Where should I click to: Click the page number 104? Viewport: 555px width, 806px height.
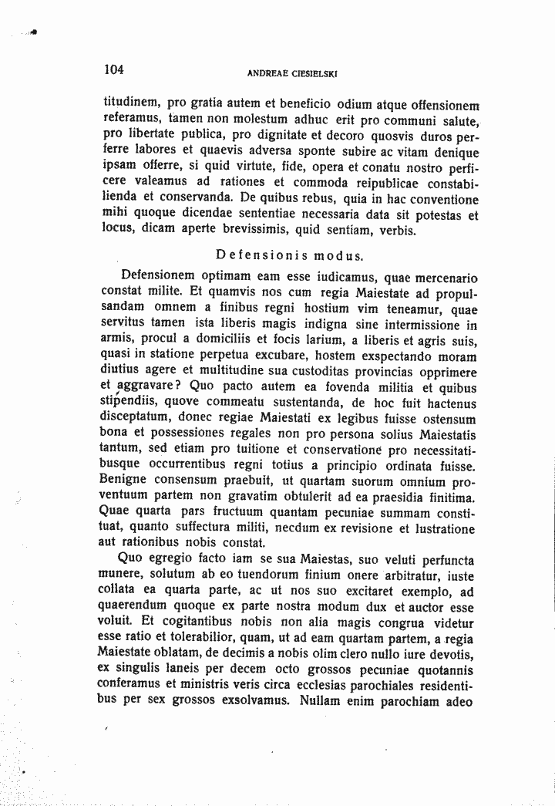pos(114,69)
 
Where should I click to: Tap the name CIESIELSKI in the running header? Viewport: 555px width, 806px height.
pos(317,74)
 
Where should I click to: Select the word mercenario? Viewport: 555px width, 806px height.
pos(442,276)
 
